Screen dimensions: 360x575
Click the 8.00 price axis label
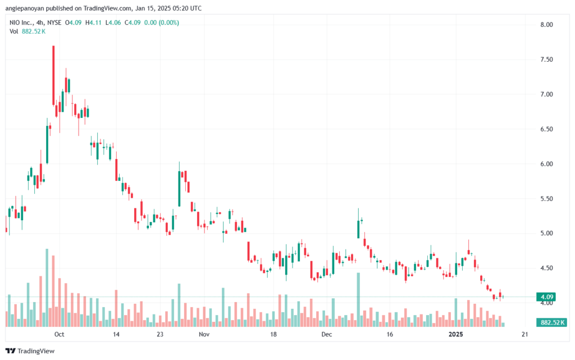coord(546,25)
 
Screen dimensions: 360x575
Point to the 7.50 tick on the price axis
coord(546,60)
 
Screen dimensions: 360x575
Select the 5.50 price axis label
coord(546,199)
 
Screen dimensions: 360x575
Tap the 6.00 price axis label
coord(546,164)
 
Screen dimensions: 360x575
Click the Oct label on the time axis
coord(59,334)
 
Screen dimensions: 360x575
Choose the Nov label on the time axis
coord(204,334)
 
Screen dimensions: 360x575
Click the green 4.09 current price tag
coord(546,297)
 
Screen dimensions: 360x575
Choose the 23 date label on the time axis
coord(160,334)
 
